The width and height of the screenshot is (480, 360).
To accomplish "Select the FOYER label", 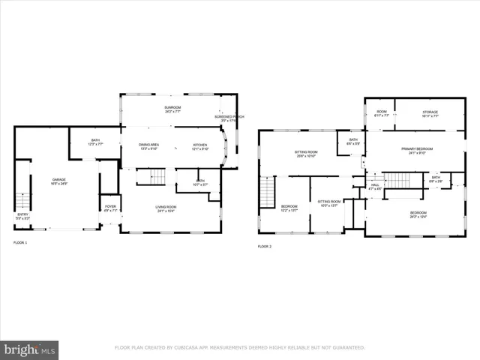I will click(x=110, y=208).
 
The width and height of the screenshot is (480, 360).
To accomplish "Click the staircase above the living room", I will click(x=156, y=177).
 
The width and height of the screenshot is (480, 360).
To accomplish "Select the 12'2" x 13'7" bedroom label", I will click(x=289, y=208).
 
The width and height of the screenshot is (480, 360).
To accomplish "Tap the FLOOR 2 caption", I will click(x=265, y=246).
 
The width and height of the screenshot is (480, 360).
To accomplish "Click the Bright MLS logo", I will click(x=30, y=349).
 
